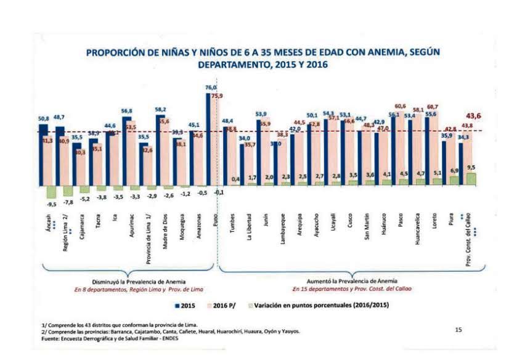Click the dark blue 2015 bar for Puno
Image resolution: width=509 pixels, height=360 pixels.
click(210, 139)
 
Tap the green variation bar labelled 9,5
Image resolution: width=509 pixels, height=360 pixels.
click(471, 179)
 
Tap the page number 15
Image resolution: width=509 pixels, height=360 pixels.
click(458, 330)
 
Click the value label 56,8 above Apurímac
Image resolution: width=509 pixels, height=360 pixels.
click(127, 112)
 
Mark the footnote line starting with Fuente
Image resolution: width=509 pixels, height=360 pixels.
click(111, 337)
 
